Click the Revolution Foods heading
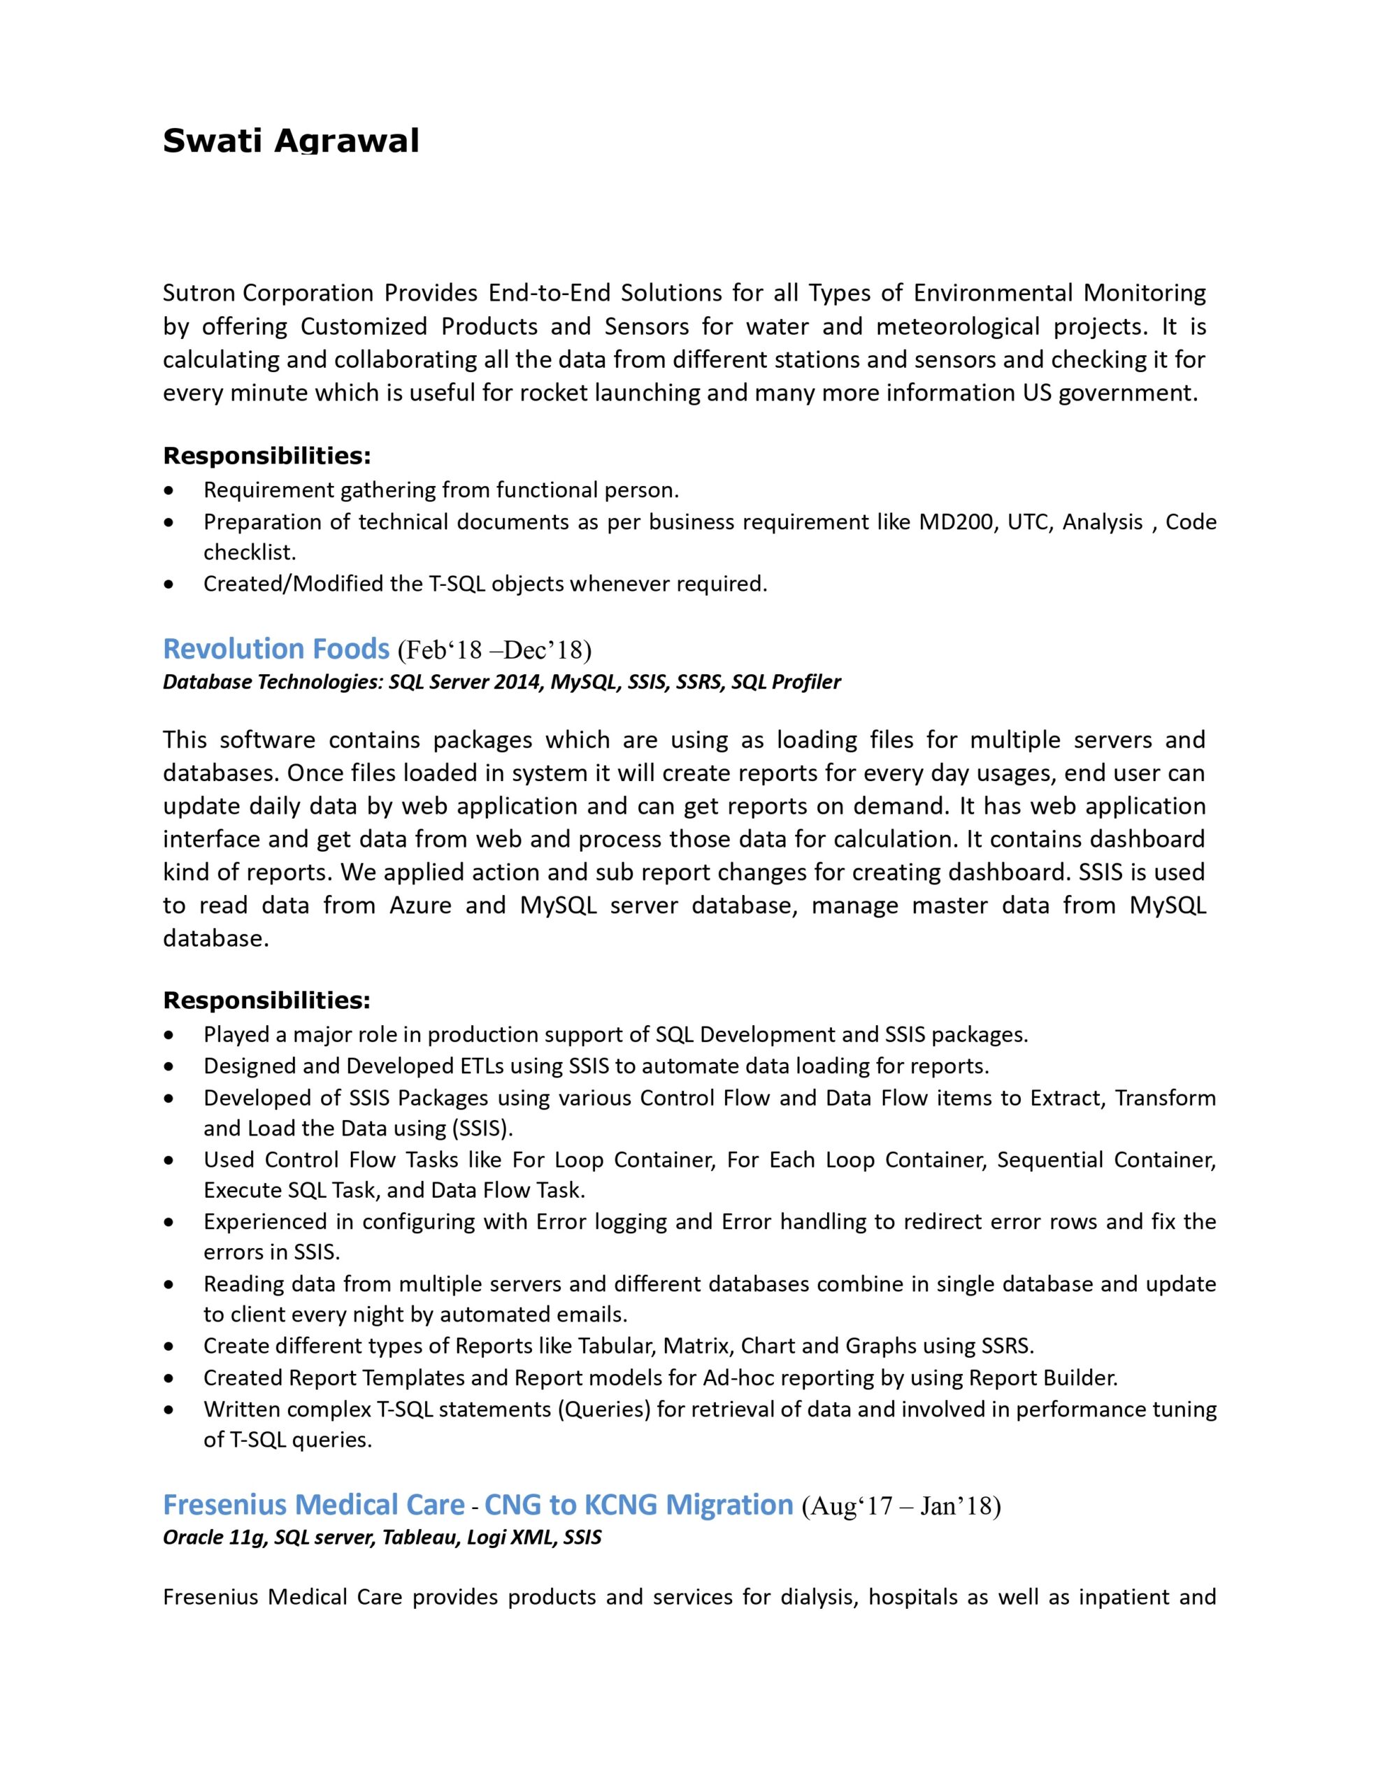pos(275,648)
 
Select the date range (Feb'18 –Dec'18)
pos(494,650)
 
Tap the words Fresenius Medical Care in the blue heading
pos(314,1504)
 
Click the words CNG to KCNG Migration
pos(638,1504)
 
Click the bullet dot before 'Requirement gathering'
pos(169,491)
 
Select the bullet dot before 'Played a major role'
pos(169,1035)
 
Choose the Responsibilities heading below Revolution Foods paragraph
pos(266,1000)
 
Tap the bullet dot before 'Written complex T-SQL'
pos(169,1410)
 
